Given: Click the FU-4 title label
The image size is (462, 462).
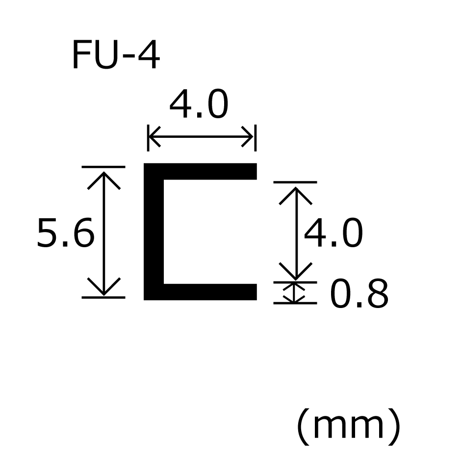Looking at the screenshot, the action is tap(115, 56).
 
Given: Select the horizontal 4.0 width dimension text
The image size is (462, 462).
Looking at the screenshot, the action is tap(199, 105).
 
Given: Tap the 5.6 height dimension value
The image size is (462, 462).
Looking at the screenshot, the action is tap(65, 234).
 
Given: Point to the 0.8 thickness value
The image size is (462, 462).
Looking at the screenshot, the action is tap(359, 295).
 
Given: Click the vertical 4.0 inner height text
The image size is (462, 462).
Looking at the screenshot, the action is tap(334, 234).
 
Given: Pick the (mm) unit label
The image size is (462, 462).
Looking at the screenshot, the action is tap(349, 427).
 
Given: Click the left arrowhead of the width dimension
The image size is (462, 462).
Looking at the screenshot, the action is tap(153, 136).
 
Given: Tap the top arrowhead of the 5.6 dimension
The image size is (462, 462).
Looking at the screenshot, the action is tap(104, 177).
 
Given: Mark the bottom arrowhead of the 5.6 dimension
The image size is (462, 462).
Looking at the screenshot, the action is tap(104, 288).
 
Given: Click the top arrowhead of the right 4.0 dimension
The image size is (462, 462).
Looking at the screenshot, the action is tap(295, 192).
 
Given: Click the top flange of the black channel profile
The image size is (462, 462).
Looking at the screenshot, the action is tap(206, 171).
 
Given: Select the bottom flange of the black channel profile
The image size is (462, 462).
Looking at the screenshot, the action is tap(206, 292).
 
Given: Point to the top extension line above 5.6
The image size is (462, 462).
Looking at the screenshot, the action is tap(103, 167).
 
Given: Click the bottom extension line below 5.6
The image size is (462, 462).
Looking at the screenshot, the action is tap(103, 297).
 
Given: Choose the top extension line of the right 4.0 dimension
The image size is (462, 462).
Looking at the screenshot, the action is tap(295, 182).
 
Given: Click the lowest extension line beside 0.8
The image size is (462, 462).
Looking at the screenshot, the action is tap(295, 303).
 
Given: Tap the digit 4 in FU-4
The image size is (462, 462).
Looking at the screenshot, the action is tap(149, 56).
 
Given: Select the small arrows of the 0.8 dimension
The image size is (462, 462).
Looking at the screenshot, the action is tap(295, 292).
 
